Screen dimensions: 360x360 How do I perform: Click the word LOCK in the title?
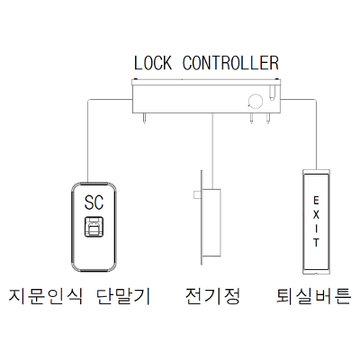click(153, 63)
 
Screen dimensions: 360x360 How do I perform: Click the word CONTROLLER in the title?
click(230, 63)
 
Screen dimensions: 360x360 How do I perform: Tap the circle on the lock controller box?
click(255, 101)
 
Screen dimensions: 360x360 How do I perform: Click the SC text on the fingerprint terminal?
click(94, 202)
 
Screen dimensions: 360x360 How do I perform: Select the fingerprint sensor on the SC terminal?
click(94, 227)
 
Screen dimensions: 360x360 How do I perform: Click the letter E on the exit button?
click(316, 200)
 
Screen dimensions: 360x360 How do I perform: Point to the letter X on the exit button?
click(316, 215)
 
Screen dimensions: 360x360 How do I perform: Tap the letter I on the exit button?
click(316, 229)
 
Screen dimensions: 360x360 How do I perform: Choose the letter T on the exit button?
click(316, 243)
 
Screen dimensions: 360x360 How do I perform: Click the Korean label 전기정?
click(212, 296)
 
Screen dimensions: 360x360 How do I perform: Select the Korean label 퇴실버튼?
click(313, 296)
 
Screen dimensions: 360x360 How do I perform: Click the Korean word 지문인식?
click(45, 296)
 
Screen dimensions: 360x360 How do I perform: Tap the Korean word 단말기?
click(123, 296)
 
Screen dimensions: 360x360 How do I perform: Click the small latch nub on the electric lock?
click(197, 194)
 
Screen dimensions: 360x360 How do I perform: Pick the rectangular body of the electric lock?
click(211, 222)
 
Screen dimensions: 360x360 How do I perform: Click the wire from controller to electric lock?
click(212, 151)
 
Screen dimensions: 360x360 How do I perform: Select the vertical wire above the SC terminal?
click(87, 141)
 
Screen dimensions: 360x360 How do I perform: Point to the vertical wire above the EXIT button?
click(316, 134)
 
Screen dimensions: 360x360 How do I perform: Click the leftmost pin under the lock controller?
click(144, 118)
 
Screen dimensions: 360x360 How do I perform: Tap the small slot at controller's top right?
click(272, 93)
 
